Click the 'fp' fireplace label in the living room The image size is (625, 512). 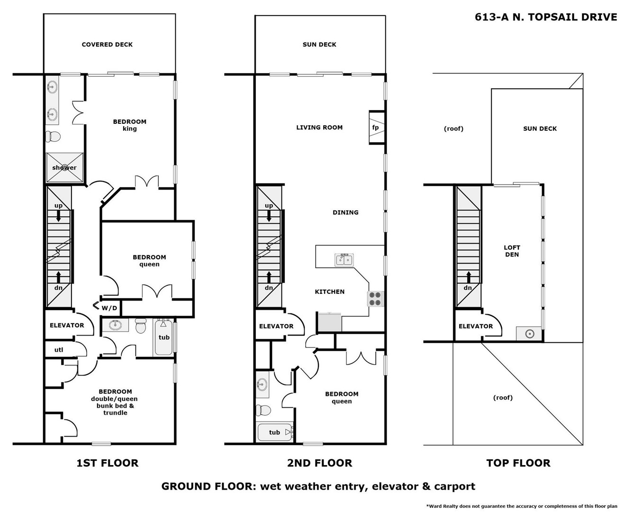pos(375,128)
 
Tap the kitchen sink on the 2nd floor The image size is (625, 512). pos(344,260)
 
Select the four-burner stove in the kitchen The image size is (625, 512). pos(375,299)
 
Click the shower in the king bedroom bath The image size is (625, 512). pos(64,167)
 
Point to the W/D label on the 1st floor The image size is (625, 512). pos(109,308)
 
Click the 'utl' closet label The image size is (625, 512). pos(59,350)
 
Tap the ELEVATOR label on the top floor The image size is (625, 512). pos(476,326)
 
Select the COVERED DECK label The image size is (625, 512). pos(107,45)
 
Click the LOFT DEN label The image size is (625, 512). pos(512,251)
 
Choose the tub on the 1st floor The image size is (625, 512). pos(164,338)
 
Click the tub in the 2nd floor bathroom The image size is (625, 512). pos(275,432)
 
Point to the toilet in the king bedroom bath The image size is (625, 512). pos(53,137)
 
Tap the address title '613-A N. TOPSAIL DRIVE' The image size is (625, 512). pos(546,17)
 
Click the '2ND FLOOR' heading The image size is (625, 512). pos(319,463)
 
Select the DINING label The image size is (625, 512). pos(345,212)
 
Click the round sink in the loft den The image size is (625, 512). pos(530,334)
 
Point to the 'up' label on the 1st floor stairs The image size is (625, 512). pos(58,205)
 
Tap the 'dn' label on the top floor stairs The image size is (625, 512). pos(467,288)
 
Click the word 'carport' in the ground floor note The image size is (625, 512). pos(454,486)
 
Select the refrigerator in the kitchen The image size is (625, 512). pos(329,322)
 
